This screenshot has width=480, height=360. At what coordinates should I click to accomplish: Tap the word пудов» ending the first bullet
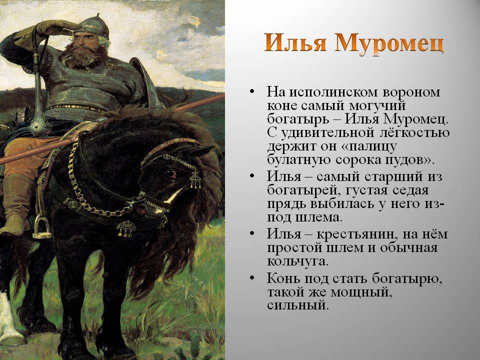click(409, 160)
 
